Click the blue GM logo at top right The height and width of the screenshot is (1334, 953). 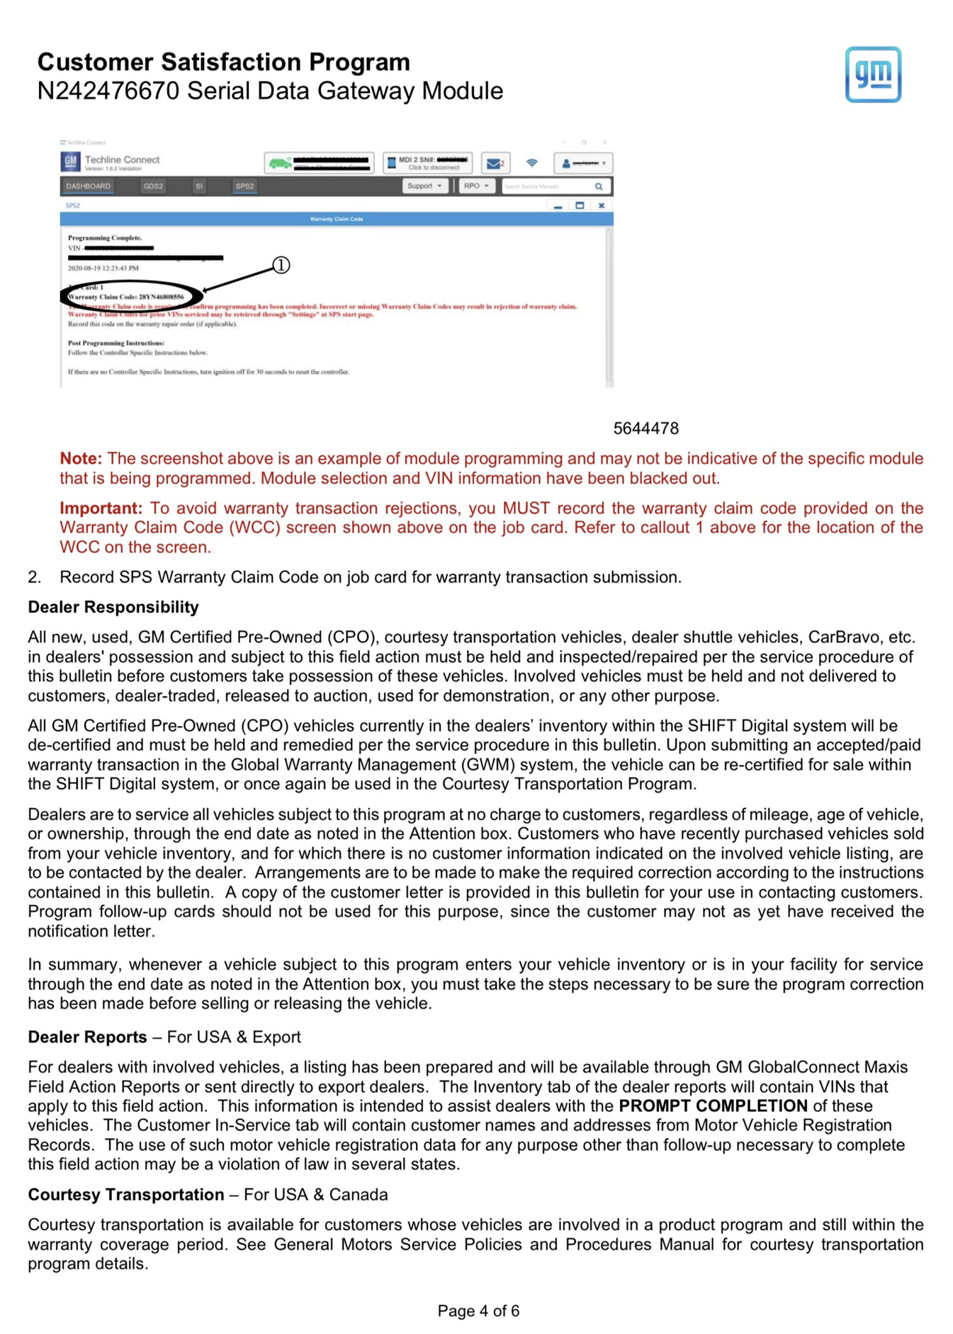coord(872,74)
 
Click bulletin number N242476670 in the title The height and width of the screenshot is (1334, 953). coord(108,91)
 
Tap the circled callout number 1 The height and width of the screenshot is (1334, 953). coord(281,265)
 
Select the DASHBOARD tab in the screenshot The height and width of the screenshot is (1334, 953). coord(89,186)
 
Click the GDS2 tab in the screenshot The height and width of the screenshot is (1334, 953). coord(153,186)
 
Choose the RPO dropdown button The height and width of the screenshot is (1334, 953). coord(475,186)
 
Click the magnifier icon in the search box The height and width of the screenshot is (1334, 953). coord(599,186)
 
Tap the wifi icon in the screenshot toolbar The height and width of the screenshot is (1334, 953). coord(532,163)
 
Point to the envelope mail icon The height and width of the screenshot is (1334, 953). coord(493,164)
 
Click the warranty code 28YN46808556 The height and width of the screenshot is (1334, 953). coord(161,297)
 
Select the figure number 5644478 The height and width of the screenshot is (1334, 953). coord(645,429)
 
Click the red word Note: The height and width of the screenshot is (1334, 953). coord(81,459)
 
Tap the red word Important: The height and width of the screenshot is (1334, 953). coord(101,508)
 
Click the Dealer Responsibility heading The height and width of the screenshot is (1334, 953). coord(113,607)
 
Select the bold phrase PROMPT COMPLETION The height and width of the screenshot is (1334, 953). coord(712,1106)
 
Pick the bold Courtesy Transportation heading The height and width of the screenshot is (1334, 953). coord(126,1195)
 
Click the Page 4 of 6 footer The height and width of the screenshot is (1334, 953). coord(478,1311)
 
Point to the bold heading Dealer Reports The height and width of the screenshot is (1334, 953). coord(87,1037)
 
